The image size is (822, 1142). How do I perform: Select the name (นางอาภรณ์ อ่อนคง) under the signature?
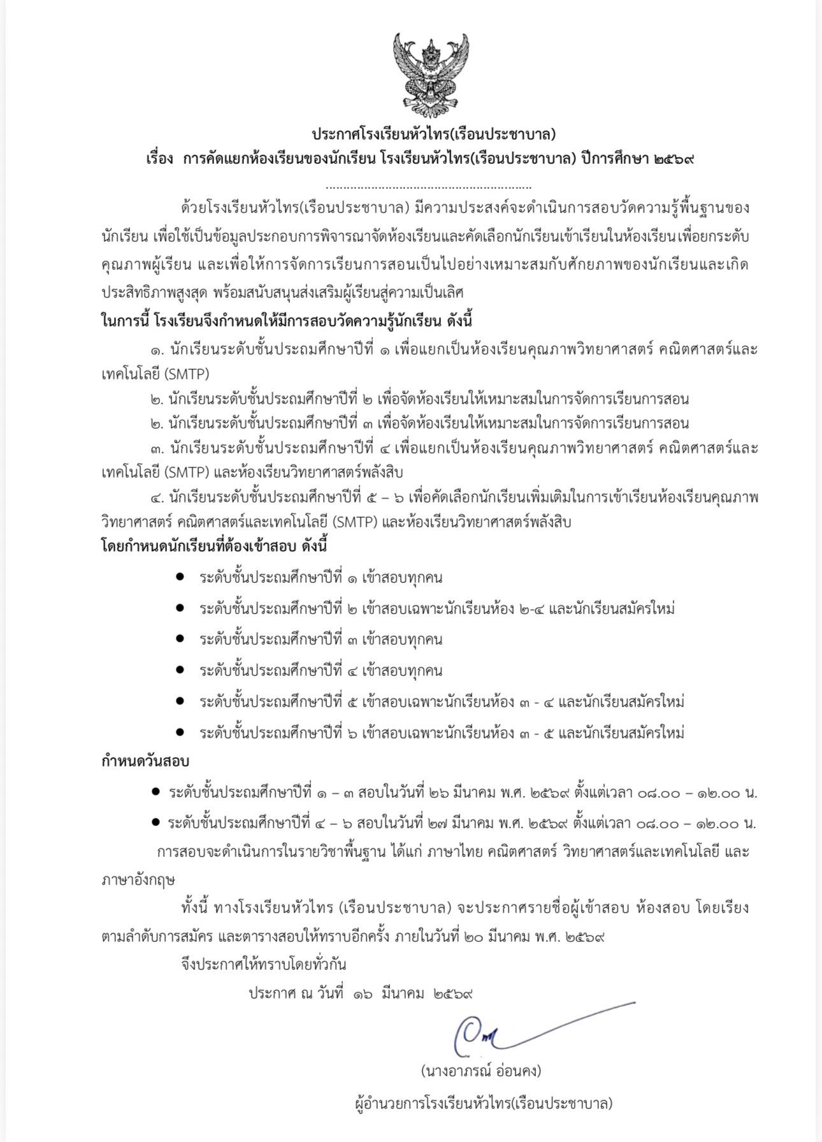481,1071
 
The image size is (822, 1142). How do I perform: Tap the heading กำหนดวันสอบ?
146,761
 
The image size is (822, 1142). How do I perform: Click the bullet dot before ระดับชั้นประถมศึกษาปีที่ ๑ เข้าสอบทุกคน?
180,577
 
